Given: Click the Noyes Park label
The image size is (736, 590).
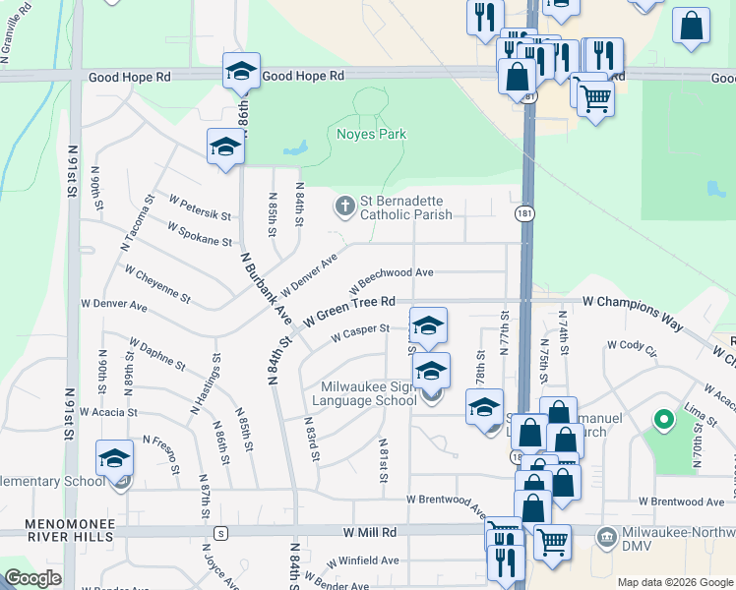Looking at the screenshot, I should [371, 134].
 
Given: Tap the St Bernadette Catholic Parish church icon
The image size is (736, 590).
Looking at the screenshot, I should [344, 206].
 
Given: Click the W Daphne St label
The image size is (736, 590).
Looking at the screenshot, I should [156, 353].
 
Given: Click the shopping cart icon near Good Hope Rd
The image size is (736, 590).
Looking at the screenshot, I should [595, 98].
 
